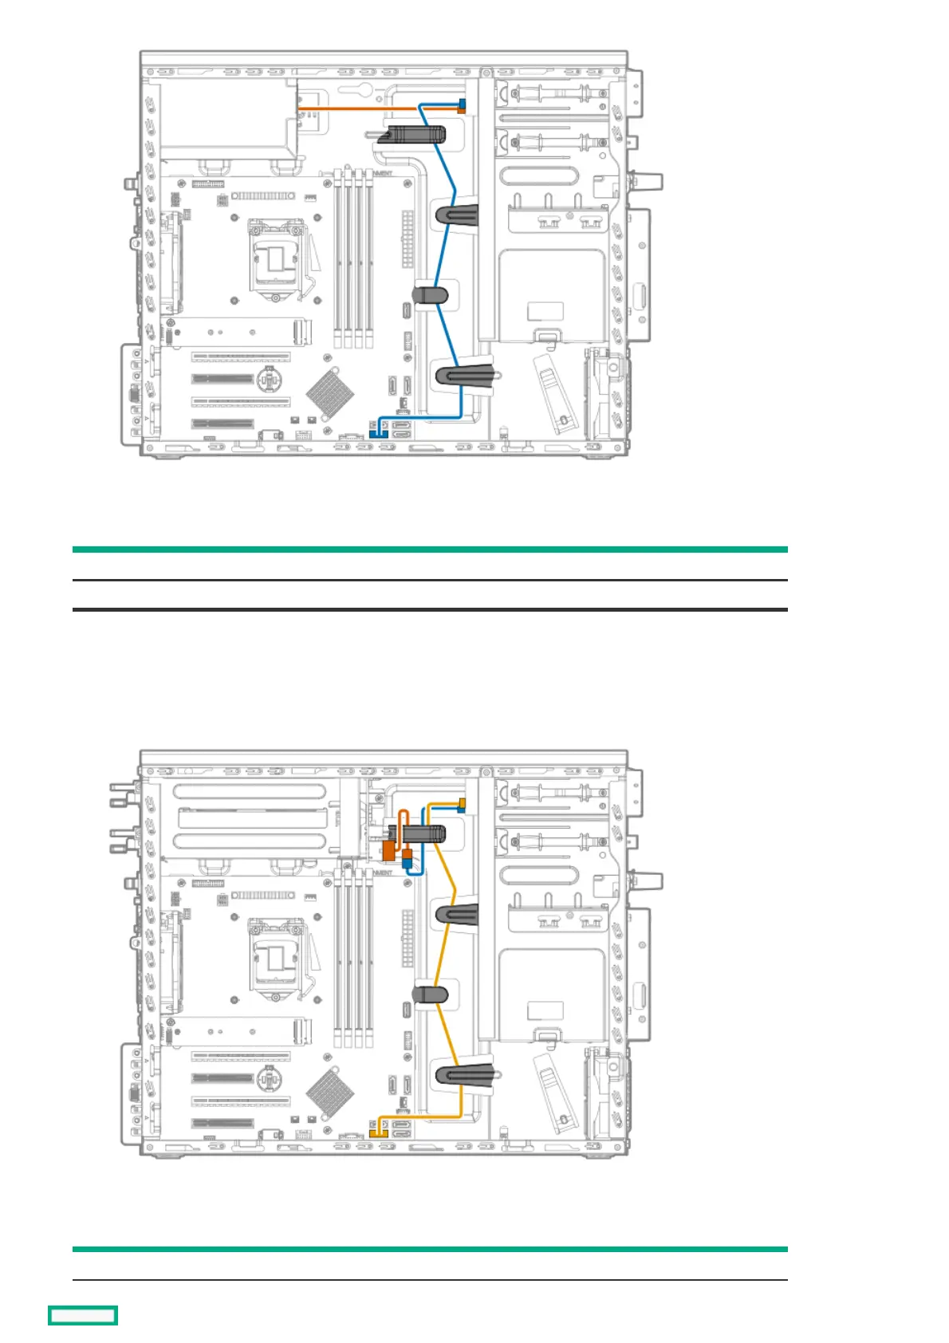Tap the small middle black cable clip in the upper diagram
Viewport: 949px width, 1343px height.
[x=431, y=295]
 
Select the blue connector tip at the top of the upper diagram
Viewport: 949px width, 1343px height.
[x=462, y=103]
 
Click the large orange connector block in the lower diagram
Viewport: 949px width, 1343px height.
[x=389, y=851]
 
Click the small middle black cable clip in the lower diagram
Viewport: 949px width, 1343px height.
[x=431, y=994]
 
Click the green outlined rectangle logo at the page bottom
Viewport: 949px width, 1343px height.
[x=83, y=1315]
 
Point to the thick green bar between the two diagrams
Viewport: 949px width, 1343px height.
[x=430, y=549]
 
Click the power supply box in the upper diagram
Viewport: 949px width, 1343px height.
[x=229, y=113]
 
